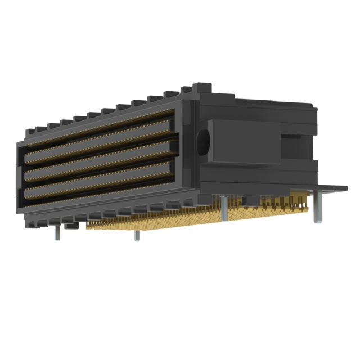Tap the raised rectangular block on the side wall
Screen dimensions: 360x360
click(x=244, y=142)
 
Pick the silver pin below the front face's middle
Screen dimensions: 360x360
click(x=136, y=235)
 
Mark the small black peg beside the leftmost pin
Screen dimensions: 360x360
click(x=71, y=226)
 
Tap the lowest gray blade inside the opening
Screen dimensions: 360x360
click(x=101, y=183)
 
